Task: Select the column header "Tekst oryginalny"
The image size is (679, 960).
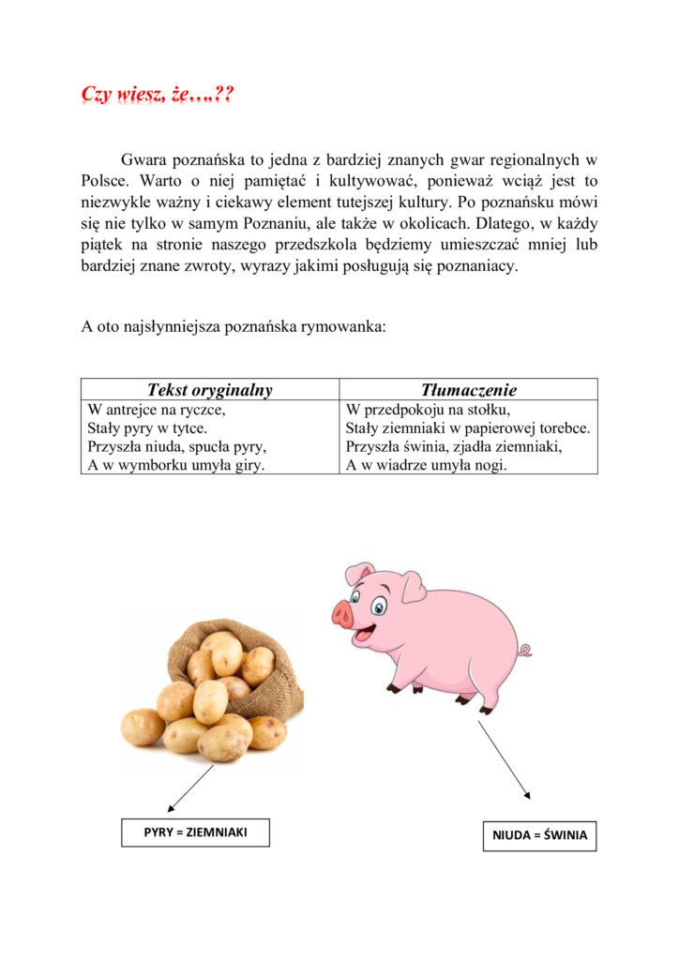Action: (x=209, y=390)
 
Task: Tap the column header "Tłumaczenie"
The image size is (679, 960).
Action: (x=468, y=390)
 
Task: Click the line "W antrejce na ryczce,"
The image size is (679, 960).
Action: (x=157, y=410)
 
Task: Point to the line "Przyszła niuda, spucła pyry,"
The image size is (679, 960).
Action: (x=177, y=446)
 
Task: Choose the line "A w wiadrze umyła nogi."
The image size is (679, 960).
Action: (x=426, y=464)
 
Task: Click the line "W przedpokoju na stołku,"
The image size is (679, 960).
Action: (x=428, y=410)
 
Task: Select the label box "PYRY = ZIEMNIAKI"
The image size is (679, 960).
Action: (x=195, y=832)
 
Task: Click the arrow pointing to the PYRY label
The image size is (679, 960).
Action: (x=192, y=788)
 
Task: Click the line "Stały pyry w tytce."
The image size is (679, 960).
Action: (x=147, y=428)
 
